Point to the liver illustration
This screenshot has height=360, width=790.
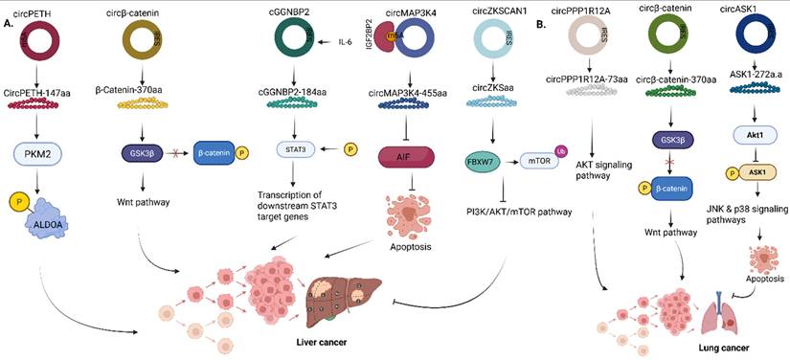327,282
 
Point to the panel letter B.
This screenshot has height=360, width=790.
543,23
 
